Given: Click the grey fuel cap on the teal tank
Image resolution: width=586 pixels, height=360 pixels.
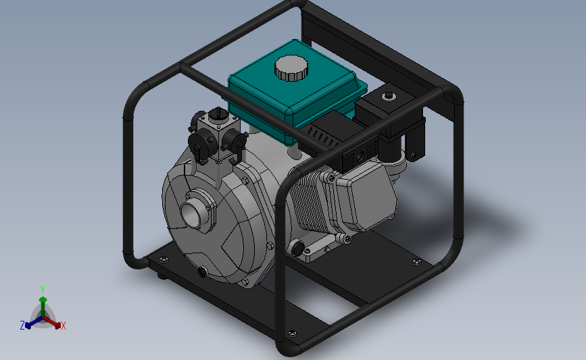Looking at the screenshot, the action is tap(291, 68).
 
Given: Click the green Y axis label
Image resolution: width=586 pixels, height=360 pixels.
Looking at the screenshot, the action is tap(43, 290).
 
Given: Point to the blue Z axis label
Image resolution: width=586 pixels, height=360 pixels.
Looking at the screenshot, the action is tap(22, 326).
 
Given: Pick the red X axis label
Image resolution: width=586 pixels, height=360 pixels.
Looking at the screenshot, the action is tap(63, 326).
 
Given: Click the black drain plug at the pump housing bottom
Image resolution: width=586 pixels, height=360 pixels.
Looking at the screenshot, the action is tap(202, 272).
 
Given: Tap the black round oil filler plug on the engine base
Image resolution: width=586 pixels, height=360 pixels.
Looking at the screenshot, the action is tap(297, 249).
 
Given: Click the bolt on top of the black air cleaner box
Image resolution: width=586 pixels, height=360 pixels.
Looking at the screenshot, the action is tap(388, 97).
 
